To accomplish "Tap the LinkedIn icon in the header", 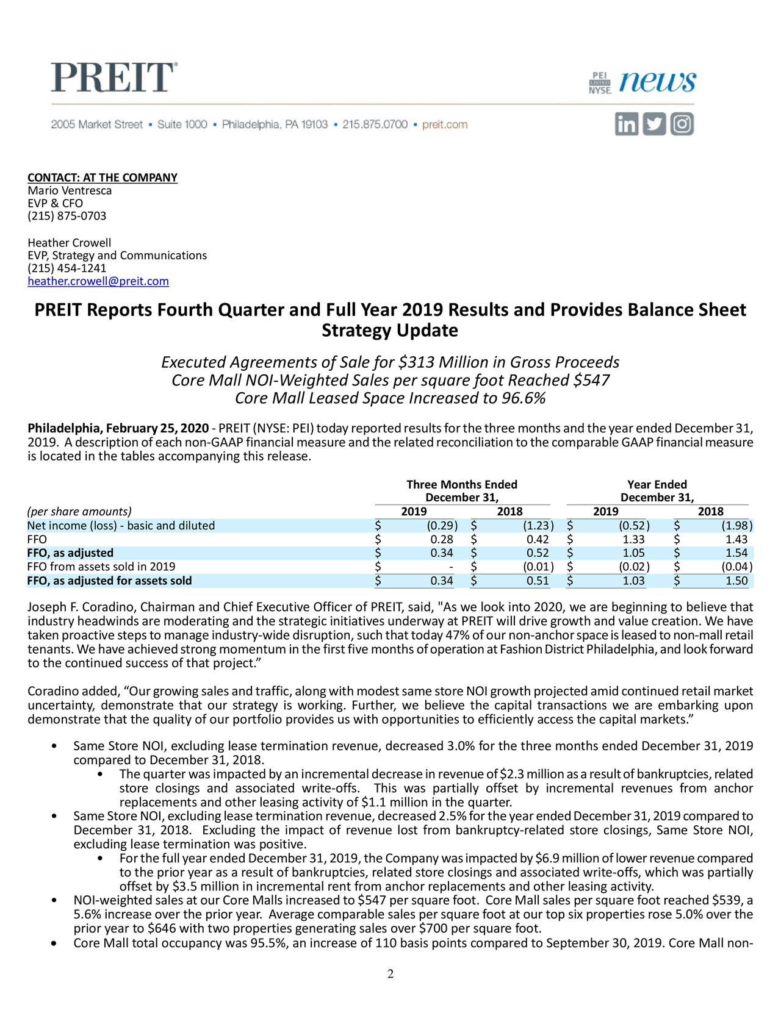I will [626, 124].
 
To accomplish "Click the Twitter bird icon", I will [654, 124].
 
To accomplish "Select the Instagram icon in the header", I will [682, 124].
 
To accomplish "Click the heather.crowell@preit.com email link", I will [98, 281].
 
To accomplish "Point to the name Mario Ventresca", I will [70, 191].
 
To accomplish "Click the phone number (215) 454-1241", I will [67, 268].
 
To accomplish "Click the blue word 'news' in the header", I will [658, 82].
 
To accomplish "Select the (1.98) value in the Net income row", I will [737, 526].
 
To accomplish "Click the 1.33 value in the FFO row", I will [633, 540].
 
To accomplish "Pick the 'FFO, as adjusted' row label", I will [70, 553].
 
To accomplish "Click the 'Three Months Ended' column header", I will [462, 485].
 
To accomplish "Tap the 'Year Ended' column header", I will [657, 485].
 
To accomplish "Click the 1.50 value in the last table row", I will [736, 581].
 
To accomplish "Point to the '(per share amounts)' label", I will [79, 512].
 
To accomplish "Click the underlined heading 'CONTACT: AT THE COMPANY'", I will [103, 177].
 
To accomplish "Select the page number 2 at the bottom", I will [390, 973].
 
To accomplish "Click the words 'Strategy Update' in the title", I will [389, 331].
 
